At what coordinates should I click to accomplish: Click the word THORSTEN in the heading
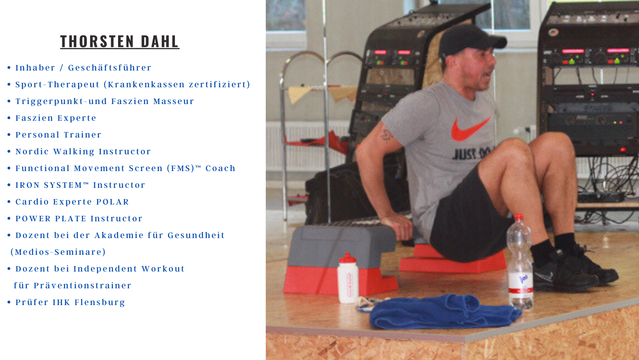pos(97,41)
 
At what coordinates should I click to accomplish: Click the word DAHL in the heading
pos(160,41)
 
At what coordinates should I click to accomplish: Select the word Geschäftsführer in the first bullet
pos(109,68)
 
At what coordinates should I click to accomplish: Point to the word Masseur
pos(173,101)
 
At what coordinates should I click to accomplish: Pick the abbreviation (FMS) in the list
pos(181,168)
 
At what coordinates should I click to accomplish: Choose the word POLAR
pos(112,202)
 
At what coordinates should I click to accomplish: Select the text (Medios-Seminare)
pos(58,252)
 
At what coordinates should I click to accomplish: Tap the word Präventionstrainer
pos(83,285)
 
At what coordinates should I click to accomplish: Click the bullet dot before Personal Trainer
pos(9,134)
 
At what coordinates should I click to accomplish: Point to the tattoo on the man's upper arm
pos(387,136)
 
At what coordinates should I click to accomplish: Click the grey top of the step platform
pos(342,245)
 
